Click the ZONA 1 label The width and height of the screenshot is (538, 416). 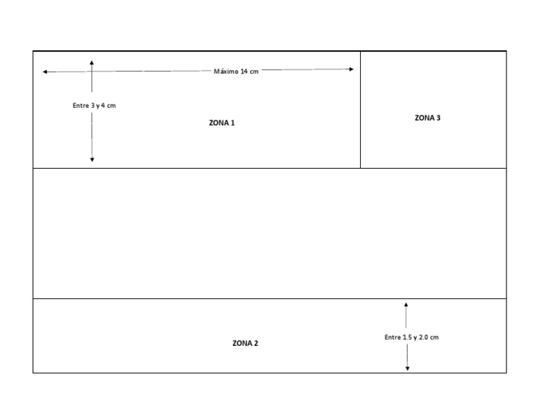click(x=222, y=123)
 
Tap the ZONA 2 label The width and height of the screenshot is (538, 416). click(x=245, y=343)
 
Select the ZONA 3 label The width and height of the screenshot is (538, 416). click(x=427, y=118)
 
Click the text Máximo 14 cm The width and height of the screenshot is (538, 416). click(x=236, y=71)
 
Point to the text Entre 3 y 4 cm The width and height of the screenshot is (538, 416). click(x=94, y=106)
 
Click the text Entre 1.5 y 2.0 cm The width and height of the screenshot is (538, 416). click(x=411, y=338)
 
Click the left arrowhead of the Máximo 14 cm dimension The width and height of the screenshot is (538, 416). click(x=45, y=71)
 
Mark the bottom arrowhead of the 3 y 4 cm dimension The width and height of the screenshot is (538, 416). click(x=92, y=160)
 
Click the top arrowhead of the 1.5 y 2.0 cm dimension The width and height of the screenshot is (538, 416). click(x=406, y=305)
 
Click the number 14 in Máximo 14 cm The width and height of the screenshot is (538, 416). click(x=244, y=71)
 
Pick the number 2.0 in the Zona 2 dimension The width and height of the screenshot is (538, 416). click(x=423, y=338)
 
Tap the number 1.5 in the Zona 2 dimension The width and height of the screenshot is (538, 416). click(x=407, y=338)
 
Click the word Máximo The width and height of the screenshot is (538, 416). click(x=226, y=71)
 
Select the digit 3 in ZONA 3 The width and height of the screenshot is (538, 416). click(x=438, y=118)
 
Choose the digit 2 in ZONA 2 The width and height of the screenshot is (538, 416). click(x=256, y=343)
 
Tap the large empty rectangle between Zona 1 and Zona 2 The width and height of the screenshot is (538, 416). click(x=270, y=233)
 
